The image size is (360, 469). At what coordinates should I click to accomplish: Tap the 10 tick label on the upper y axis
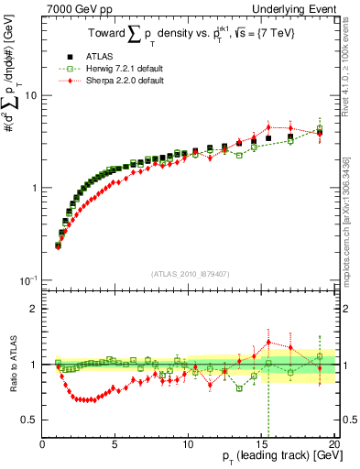pos(29,96)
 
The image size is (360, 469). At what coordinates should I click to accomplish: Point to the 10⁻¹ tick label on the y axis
pos(27,279)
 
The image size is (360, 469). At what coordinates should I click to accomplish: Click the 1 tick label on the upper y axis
pos(33,188)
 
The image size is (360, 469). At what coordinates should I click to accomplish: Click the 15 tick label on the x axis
pos(261,443)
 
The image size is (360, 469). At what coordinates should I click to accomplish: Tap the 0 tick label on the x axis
pos(43,443)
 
